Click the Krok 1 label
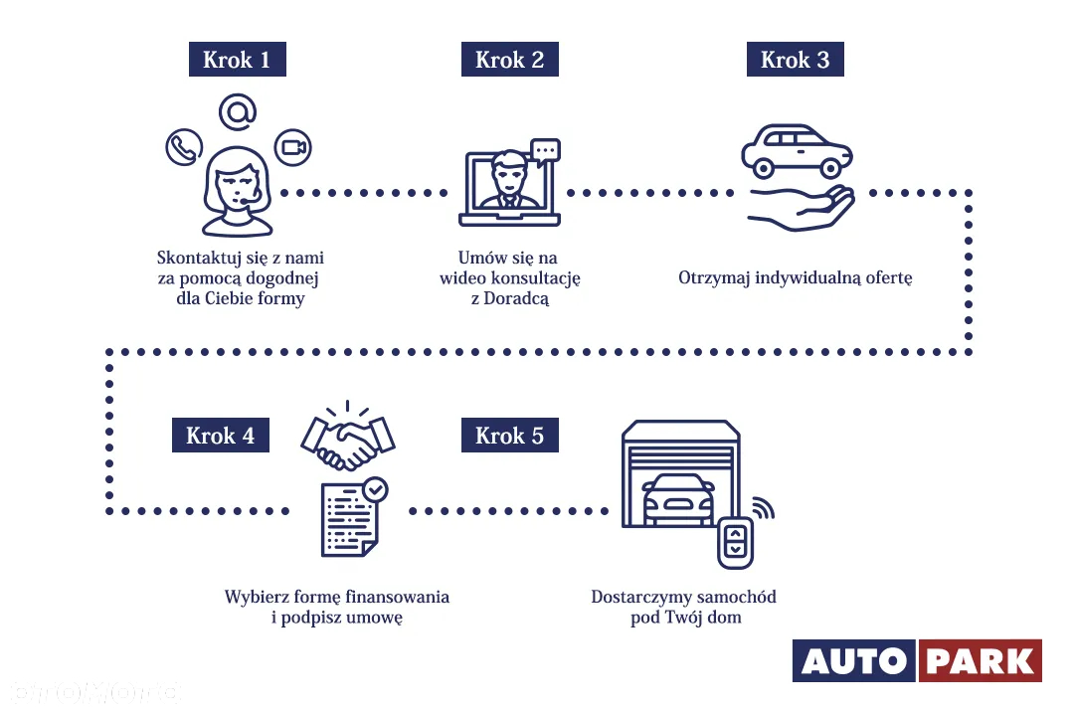pos(237,60)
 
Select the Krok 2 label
pos(509,60)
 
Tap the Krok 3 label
pos(795,60)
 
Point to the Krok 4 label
pos(220,436)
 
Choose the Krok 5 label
pos(509,436)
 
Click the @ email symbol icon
pos(237,110)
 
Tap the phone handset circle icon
pos(184,148)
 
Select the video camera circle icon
pos(292,148)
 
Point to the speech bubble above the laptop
pos(545,151)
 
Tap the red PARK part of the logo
pos(980,661)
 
